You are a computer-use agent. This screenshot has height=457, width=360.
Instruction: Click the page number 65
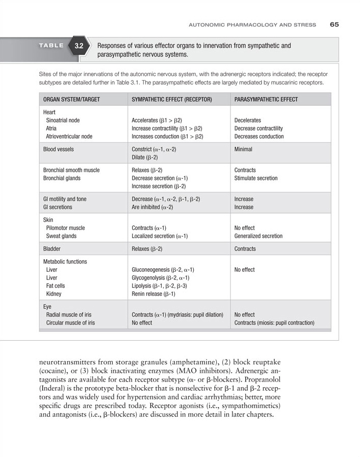click(335, 24)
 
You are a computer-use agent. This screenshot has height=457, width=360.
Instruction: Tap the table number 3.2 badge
click(79, 46)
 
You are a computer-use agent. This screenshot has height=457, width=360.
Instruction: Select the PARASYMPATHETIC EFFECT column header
click(266, 99)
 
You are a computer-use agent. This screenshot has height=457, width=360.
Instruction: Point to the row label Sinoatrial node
click(63, 120)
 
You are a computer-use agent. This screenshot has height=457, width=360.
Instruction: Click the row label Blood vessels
click(58, 149)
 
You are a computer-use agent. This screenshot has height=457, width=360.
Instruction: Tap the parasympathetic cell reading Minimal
click(243, 149)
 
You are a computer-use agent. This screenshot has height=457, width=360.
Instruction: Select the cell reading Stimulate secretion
click(256, 179)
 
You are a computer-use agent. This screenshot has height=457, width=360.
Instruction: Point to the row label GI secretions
click(58, 207)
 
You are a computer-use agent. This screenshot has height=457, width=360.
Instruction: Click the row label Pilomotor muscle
click(65, 228)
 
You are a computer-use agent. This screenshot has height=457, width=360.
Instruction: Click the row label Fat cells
click(56, 286)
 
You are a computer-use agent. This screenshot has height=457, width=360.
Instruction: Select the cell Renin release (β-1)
click(153, 294)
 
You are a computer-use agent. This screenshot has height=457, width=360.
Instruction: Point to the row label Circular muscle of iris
click(70, 323)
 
